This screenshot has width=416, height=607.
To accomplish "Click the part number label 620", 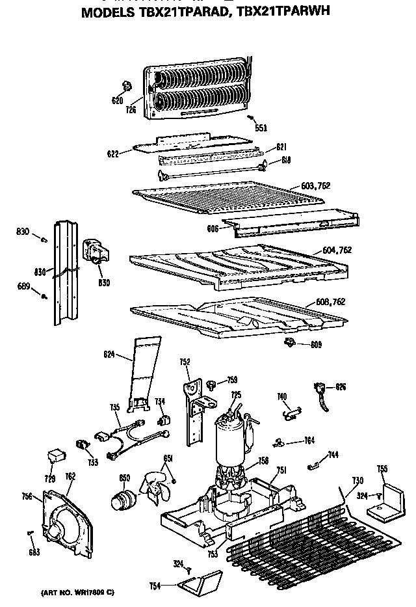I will pos(117,100).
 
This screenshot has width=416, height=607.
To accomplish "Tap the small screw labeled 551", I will pos(251,118).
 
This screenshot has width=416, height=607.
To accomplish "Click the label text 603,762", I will pos(316,185).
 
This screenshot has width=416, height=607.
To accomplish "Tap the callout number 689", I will pos(23,286).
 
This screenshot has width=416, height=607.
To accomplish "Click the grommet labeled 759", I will pos(212,384).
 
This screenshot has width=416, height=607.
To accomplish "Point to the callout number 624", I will pos(109,355).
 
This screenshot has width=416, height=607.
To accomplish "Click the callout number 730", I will pos(357,480).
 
